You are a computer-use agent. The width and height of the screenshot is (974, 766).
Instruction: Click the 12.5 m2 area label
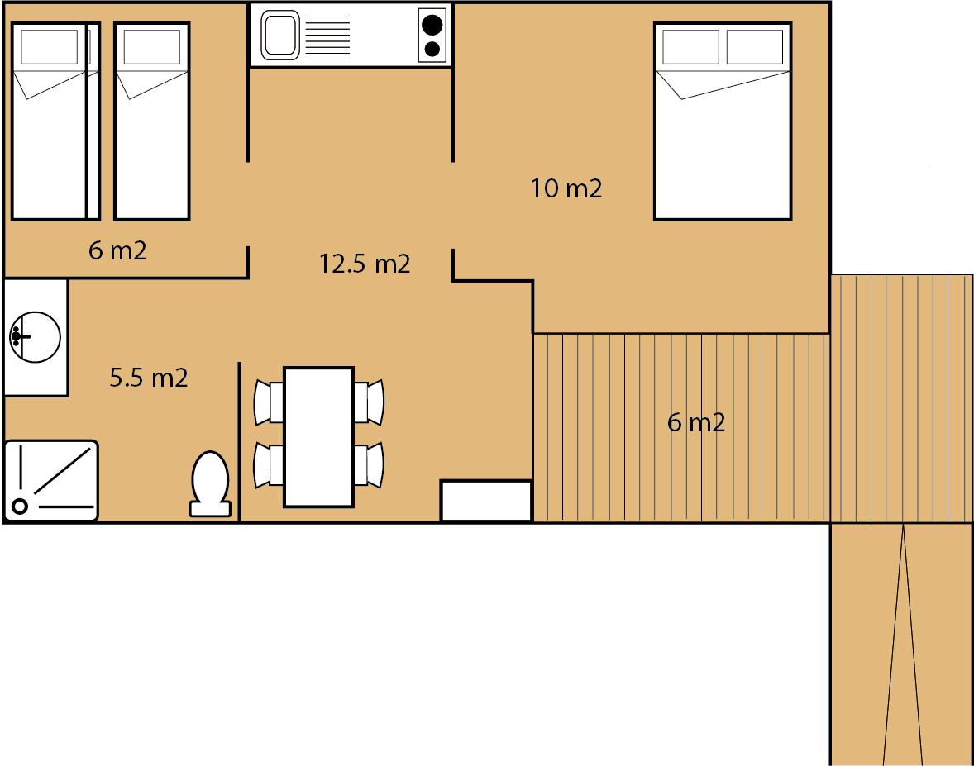365,264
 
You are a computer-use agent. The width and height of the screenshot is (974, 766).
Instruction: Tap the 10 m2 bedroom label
566,188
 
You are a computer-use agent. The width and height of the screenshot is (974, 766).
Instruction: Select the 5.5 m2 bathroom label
149,378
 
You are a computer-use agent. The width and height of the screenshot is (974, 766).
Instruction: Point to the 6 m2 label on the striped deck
696,422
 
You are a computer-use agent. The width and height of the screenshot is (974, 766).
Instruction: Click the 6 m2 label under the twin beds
117,250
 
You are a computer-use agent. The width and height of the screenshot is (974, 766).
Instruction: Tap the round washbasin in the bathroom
35,337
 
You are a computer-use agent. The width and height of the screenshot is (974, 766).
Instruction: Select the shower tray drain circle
20,507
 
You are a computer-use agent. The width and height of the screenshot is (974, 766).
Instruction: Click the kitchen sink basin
280,35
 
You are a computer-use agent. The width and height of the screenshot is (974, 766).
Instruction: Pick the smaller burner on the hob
432,49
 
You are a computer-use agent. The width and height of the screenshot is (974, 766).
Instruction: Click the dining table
318,437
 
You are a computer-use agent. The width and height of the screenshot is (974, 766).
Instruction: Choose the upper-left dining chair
269,403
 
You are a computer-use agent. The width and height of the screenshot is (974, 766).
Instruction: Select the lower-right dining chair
369,465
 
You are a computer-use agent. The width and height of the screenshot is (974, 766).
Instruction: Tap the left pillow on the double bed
690,46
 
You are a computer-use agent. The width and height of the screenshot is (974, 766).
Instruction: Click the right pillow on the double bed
755,46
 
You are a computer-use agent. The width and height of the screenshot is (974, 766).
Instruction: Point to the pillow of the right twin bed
151,47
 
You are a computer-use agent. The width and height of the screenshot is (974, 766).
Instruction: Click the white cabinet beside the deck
486,500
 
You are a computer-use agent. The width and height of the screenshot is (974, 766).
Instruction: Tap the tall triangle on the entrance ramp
903,645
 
